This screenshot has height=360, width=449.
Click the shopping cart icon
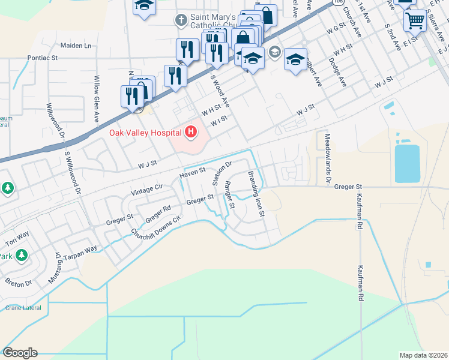click(x=415, y=21)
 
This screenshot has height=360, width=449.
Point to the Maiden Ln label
click(x=76, y=46)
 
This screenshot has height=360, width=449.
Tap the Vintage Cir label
click(x=146, y=187)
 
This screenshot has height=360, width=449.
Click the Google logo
click(x=20, y=353)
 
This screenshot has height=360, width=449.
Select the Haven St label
click(x=192, y=175)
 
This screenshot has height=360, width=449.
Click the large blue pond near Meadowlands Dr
click(x=408, y=163)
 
